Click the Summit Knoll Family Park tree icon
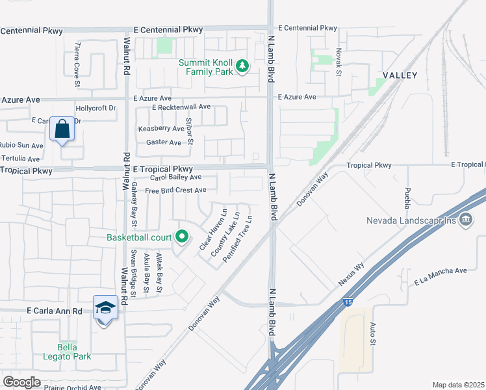242,66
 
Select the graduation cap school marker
105,307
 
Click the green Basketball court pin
182,237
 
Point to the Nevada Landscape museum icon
465,220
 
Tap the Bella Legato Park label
73,352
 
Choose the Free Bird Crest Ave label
175,190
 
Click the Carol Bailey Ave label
175,177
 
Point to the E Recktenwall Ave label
181,107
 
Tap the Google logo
21,382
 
